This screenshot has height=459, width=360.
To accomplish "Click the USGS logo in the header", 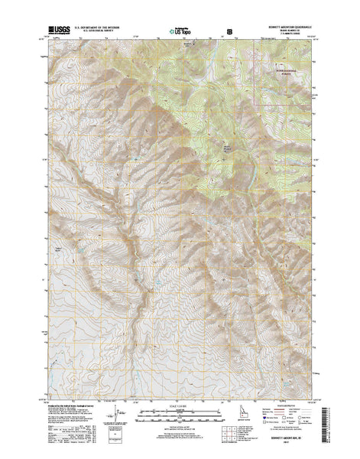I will click(60, 31).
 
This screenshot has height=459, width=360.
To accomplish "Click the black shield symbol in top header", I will click(228, 32).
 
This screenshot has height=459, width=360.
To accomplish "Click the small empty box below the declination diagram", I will click(115, 430).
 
